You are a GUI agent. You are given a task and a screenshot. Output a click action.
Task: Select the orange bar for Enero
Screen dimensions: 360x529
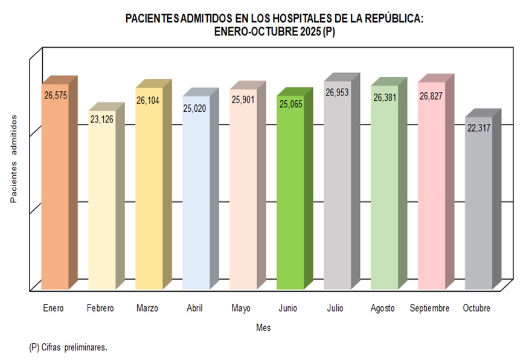pos(55,193)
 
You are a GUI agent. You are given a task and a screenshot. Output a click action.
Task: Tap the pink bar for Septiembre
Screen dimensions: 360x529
pos(431,193)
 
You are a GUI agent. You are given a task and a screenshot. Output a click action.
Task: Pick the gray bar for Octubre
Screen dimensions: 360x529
pos(478,208)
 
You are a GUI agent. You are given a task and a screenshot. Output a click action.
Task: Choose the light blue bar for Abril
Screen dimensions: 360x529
pos(196,199)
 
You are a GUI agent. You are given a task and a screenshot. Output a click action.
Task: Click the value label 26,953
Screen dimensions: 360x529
pos(337,92)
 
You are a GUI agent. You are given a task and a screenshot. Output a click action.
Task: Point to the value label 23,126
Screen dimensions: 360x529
pos(101,119)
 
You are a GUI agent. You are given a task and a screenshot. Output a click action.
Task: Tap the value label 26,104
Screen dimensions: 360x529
pos(148,101)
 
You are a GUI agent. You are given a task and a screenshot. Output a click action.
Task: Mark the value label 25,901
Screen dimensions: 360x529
pos(243,99)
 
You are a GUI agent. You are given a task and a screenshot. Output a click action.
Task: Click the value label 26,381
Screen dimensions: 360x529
pos(385,97)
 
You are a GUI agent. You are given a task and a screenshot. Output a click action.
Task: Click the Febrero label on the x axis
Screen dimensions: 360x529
pos(100,308)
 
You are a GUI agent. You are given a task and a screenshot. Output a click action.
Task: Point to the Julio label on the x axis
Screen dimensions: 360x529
pos(335,308)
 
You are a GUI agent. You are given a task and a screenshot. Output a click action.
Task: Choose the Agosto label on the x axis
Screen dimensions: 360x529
pos(382,308)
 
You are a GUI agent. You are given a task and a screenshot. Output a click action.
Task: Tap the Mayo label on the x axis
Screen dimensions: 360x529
pos(241,308)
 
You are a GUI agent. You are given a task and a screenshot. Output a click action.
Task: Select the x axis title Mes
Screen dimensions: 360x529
pos(263,327)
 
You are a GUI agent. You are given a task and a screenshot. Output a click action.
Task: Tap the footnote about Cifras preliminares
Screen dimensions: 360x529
pos(68,348)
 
